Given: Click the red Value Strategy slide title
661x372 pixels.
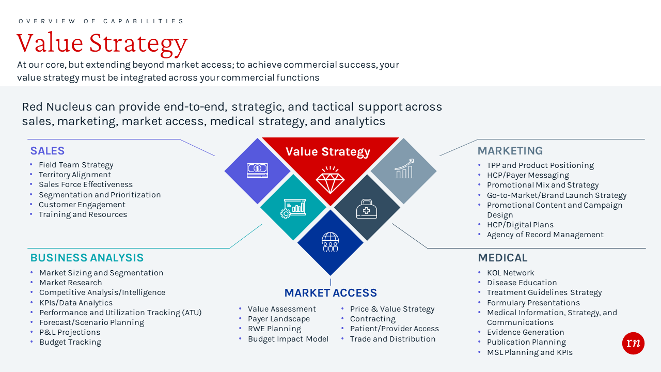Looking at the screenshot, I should click(x=102, y=43).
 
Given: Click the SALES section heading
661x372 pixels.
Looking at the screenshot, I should click(x=48, y=151).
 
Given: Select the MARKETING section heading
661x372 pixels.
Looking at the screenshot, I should click(x=510, y=151).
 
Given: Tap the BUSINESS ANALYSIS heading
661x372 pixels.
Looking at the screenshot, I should click(x=87, y=258).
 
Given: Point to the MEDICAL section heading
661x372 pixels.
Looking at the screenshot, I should click(x=502, y=258).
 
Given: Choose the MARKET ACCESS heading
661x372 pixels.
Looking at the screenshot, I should click(x=330, y=293).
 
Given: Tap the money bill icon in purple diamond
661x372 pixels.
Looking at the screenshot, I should click(x=257, y=171).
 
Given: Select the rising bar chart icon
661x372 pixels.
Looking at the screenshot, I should click(x=404, y=169).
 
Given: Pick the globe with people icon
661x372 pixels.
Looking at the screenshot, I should click(x=330, y=242).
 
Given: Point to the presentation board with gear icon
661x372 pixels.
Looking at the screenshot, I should click(x=293, y=208).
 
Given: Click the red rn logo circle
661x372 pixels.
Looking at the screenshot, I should click(x=633, y=343).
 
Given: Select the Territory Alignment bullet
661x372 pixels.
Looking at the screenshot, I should click(x=75, y=175).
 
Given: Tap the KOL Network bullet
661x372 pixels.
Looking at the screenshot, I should click(x=510, y=273).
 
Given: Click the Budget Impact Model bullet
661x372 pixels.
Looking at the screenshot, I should click(x=288, y=339).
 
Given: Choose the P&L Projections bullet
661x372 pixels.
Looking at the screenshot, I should click(x=70, y=332).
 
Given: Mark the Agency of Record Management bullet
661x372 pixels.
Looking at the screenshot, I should click(x=545, y=235).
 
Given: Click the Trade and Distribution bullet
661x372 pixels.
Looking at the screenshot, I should click(x=392, y=339).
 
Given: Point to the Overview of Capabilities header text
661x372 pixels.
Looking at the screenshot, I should click(x=101, y=21).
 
